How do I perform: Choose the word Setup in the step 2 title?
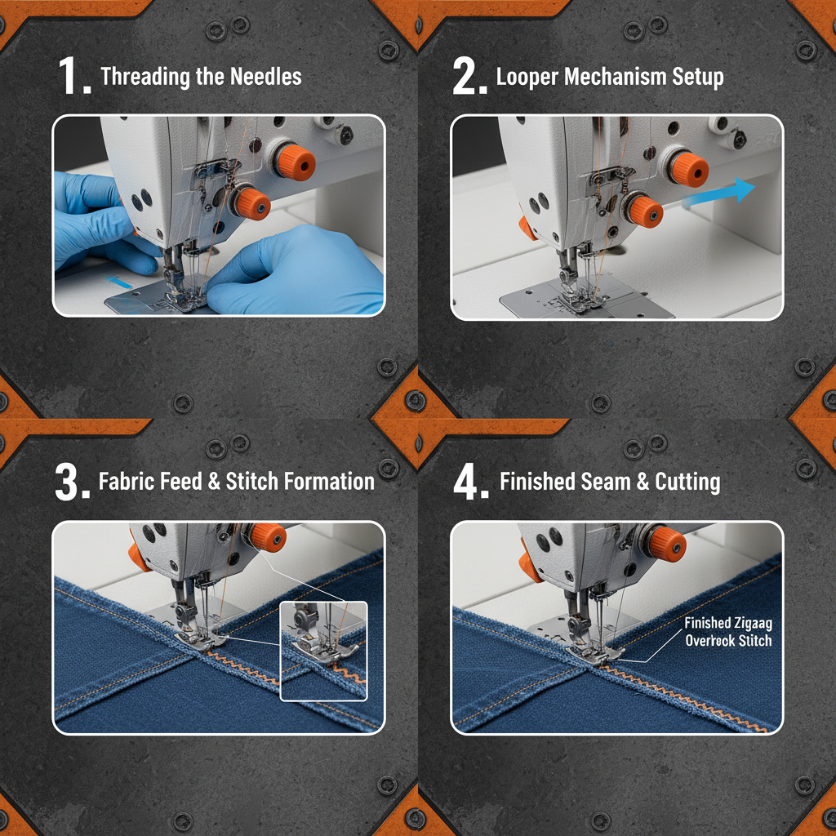point(695,78)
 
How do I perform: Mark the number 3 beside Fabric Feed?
point(70,481)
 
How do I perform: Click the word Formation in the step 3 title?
point(329,481)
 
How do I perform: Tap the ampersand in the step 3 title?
point(214,481)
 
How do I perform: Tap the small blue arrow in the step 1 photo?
point(118,282)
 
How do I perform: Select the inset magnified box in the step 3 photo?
point(323,650)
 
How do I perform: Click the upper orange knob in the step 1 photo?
point(292,163)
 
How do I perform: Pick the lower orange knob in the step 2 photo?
point(645,211)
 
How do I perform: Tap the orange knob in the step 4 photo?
point(665,544)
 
